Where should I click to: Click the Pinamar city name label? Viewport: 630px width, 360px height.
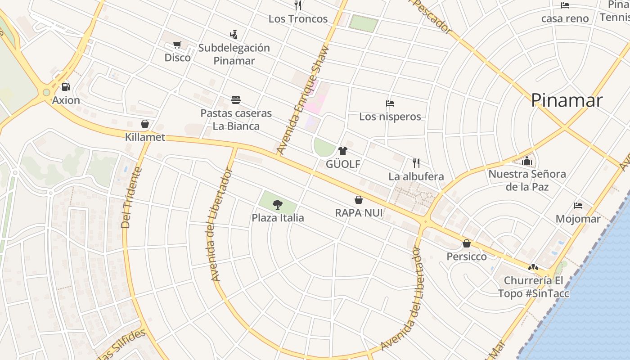click(567, 100)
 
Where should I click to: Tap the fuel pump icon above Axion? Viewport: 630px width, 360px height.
click(66, 86)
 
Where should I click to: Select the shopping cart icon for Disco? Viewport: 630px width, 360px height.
click(177, 45)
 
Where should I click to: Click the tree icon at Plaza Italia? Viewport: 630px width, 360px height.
click(278, 205)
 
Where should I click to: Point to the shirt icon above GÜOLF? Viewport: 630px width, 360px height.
click(343, 151)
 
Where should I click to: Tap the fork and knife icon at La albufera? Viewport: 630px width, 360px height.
click(416, 163)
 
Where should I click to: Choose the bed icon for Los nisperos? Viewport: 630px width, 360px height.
click(390, 103)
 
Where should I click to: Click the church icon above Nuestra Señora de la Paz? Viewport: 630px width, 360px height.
click(527, 161)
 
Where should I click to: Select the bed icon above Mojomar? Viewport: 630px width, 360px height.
click(578, 206)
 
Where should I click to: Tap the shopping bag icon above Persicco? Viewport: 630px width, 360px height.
click(467, 243)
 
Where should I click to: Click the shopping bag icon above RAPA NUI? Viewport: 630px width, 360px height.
click(359, 199)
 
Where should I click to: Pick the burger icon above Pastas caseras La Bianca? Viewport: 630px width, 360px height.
click(236, 99)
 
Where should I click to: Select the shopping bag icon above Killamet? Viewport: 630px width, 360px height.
click(145, 124)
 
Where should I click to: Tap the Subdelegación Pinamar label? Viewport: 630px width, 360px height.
click(234, 54)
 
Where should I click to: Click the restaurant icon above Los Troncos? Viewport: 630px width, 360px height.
click(298, 5)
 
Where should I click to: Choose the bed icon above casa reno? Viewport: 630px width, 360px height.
click(565, 5)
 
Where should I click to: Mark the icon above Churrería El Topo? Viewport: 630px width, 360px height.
click(533, 267)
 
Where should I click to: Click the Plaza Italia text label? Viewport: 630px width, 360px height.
click(278, 218)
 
